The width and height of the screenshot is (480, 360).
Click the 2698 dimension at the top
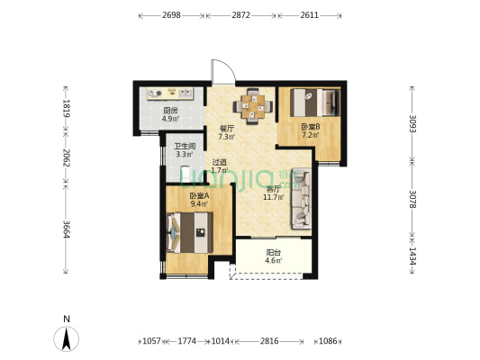click(x=171, y=15)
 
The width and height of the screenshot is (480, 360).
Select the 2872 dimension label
click(x=240, y=15)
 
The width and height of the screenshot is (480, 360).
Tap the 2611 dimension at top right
click(x=309, y=15)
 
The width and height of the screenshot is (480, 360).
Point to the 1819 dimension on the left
click(x=66, y=108)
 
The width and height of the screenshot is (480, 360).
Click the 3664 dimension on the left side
click(x=66, y=229)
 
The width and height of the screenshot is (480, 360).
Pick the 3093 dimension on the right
click(x=413, y=123)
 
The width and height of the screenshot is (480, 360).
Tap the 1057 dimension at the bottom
click(x=151, y=341)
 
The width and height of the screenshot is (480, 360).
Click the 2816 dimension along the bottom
click(x=269, y=341)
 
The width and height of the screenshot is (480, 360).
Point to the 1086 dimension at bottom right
click(x=328, y=341)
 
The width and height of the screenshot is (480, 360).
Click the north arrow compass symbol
click(x=67, y=338)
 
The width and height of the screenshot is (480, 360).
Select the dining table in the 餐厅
click(x=252, y=106)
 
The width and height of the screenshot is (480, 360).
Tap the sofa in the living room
click(x=302, y=199)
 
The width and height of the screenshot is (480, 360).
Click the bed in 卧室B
click(x=315, y=103)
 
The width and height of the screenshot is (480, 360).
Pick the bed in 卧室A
click(x=189, y=233)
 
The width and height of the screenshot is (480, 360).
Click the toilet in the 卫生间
click(x=186, y=174)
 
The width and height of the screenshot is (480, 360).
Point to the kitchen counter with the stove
click(x=169, y=94)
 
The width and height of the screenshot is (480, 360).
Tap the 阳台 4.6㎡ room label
click(x=274, y=256)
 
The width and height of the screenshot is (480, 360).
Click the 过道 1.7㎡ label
click(x=220, y=166)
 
